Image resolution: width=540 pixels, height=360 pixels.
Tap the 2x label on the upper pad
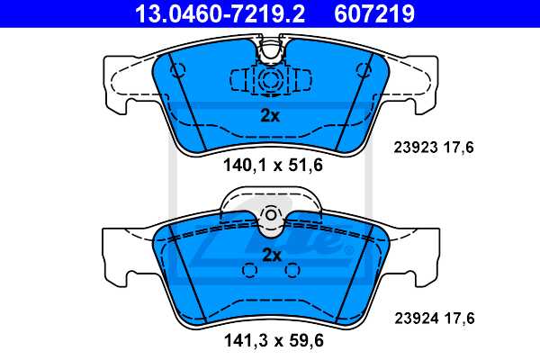(270, 115)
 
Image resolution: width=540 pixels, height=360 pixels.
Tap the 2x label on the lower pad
(271, 255)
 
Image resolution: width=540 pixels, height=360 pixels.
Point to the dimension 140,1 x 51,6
(270, 165)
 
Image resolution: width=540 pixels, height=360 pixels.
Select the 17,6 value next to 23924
(458, 318)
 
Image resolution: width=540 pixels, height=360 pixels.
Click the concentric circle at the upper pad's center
(269, 80)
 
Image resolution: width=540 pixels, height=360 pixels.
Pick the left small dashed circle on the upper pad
(175, 69)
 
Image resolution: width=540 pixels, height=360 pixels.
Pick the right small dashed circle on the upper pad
(364, 69)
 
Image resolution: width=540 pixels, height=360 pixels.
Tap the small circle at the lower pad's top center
(271, 215)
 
